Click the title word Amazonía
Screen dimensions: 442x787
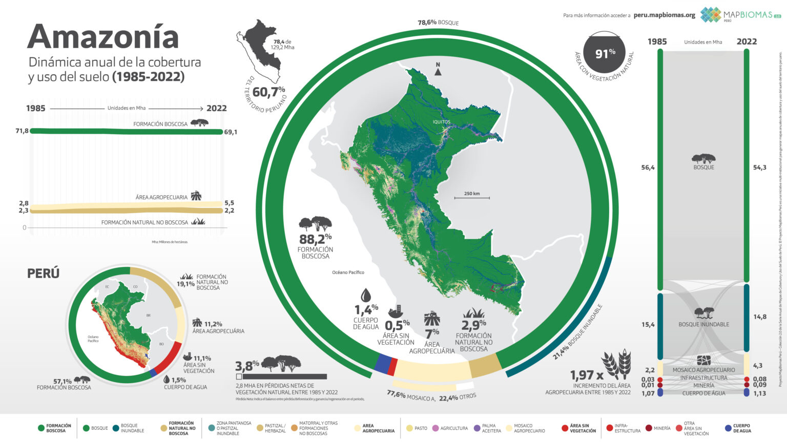coord(103,37)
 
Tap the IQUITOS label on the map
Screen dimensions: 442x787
coord(441,122)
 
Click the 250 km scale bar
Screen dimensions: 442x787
coord(471,197)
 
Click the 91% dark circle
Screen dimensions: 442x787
coord(605,53)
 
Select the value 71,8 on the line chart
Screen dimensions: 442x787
coord(22,131)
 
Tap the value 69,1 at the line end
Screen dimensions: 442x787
coord(231,132)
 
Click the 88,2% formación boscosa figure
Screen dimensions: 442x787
coord(315,239)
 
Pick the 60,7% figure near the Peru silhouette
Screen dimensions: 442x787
coord(268,92)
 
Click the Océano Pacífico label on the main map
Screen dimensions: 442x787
coord(348,272)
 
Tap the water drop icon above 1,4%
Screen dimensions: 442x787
coord(365,295)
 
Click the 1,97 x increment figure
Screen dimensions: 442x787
coord(587,375)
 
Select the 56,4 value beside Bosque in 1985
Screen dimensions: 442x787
coord(648,167)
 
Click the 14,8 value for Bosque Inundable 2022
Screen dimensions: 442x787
coord(760,317)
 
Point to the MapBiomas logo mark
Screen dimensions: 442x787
coord(711,14)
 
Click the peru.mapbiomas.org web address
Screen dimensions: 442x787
coord(664,15)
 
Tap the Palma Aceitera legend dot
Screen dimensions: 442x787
coord(477,428)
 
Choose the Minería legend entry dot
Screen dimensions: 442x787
coord(649,428)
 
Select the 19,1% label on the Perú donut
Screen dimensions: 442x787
coord(185,284)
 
